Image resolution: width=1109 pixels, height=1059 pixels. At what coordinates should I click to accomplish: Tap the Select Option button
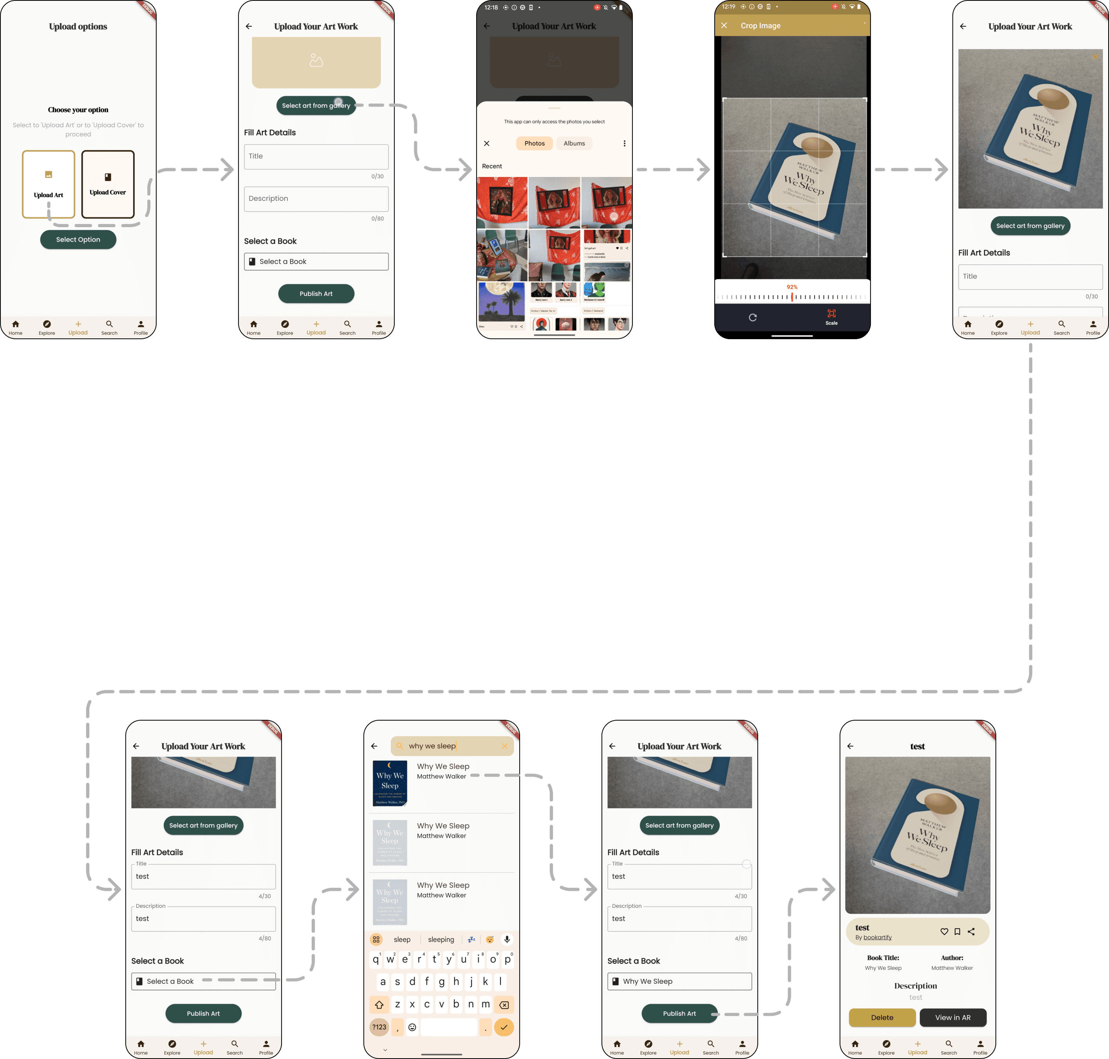coord(78,239)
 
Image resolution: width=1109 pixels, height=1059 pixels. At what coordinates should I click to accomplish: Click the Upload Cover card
coord(108,184)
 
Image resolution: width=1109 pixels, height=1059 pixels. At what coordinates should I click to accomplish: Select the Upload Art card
coord(49,184)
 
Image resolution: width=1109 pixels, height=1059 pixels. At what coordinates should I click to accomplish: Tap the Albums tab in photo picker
coord(574,143)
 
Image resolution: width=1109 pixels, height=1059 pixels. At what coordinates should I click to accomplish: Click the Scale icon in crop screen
coord(831,316)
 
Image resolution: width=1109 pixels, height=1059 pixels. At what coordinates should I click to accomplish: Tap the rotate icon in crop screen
coord(752,317)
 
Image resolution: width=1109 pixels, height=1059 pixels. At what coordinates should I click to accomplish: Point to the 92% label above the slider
coord(792,287)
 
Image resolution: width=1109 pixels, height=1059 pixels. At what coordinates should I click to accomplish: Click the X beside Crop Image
coord(724,25)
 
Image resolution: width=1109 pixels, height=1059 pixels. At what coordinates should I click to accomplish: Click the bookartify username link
coord(878,937)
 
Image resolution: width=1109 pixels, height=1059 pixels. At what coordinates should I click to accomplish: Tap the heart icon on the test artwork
coord(944,931)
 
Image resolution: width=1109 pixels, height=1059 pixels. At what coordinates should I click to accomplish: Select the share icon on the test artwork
coord(971,931)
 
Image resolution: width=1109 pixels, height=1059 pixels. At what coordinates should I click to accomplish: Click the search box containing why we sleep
coord(452,746)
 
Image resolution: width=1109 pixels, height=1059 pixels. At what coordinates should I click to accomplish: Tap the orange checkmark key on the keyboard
coord(504,1027)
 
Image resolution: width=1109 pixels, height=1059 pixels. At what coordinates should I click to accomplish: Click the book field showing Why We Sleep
coord(679,981)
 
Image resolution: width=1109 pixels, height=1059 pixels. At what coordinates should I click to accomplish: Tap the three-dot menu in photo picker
coord(624,143)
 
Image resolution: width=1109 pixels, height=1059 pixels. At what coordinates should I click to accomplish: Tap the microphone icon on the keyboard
coord(507,939)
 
